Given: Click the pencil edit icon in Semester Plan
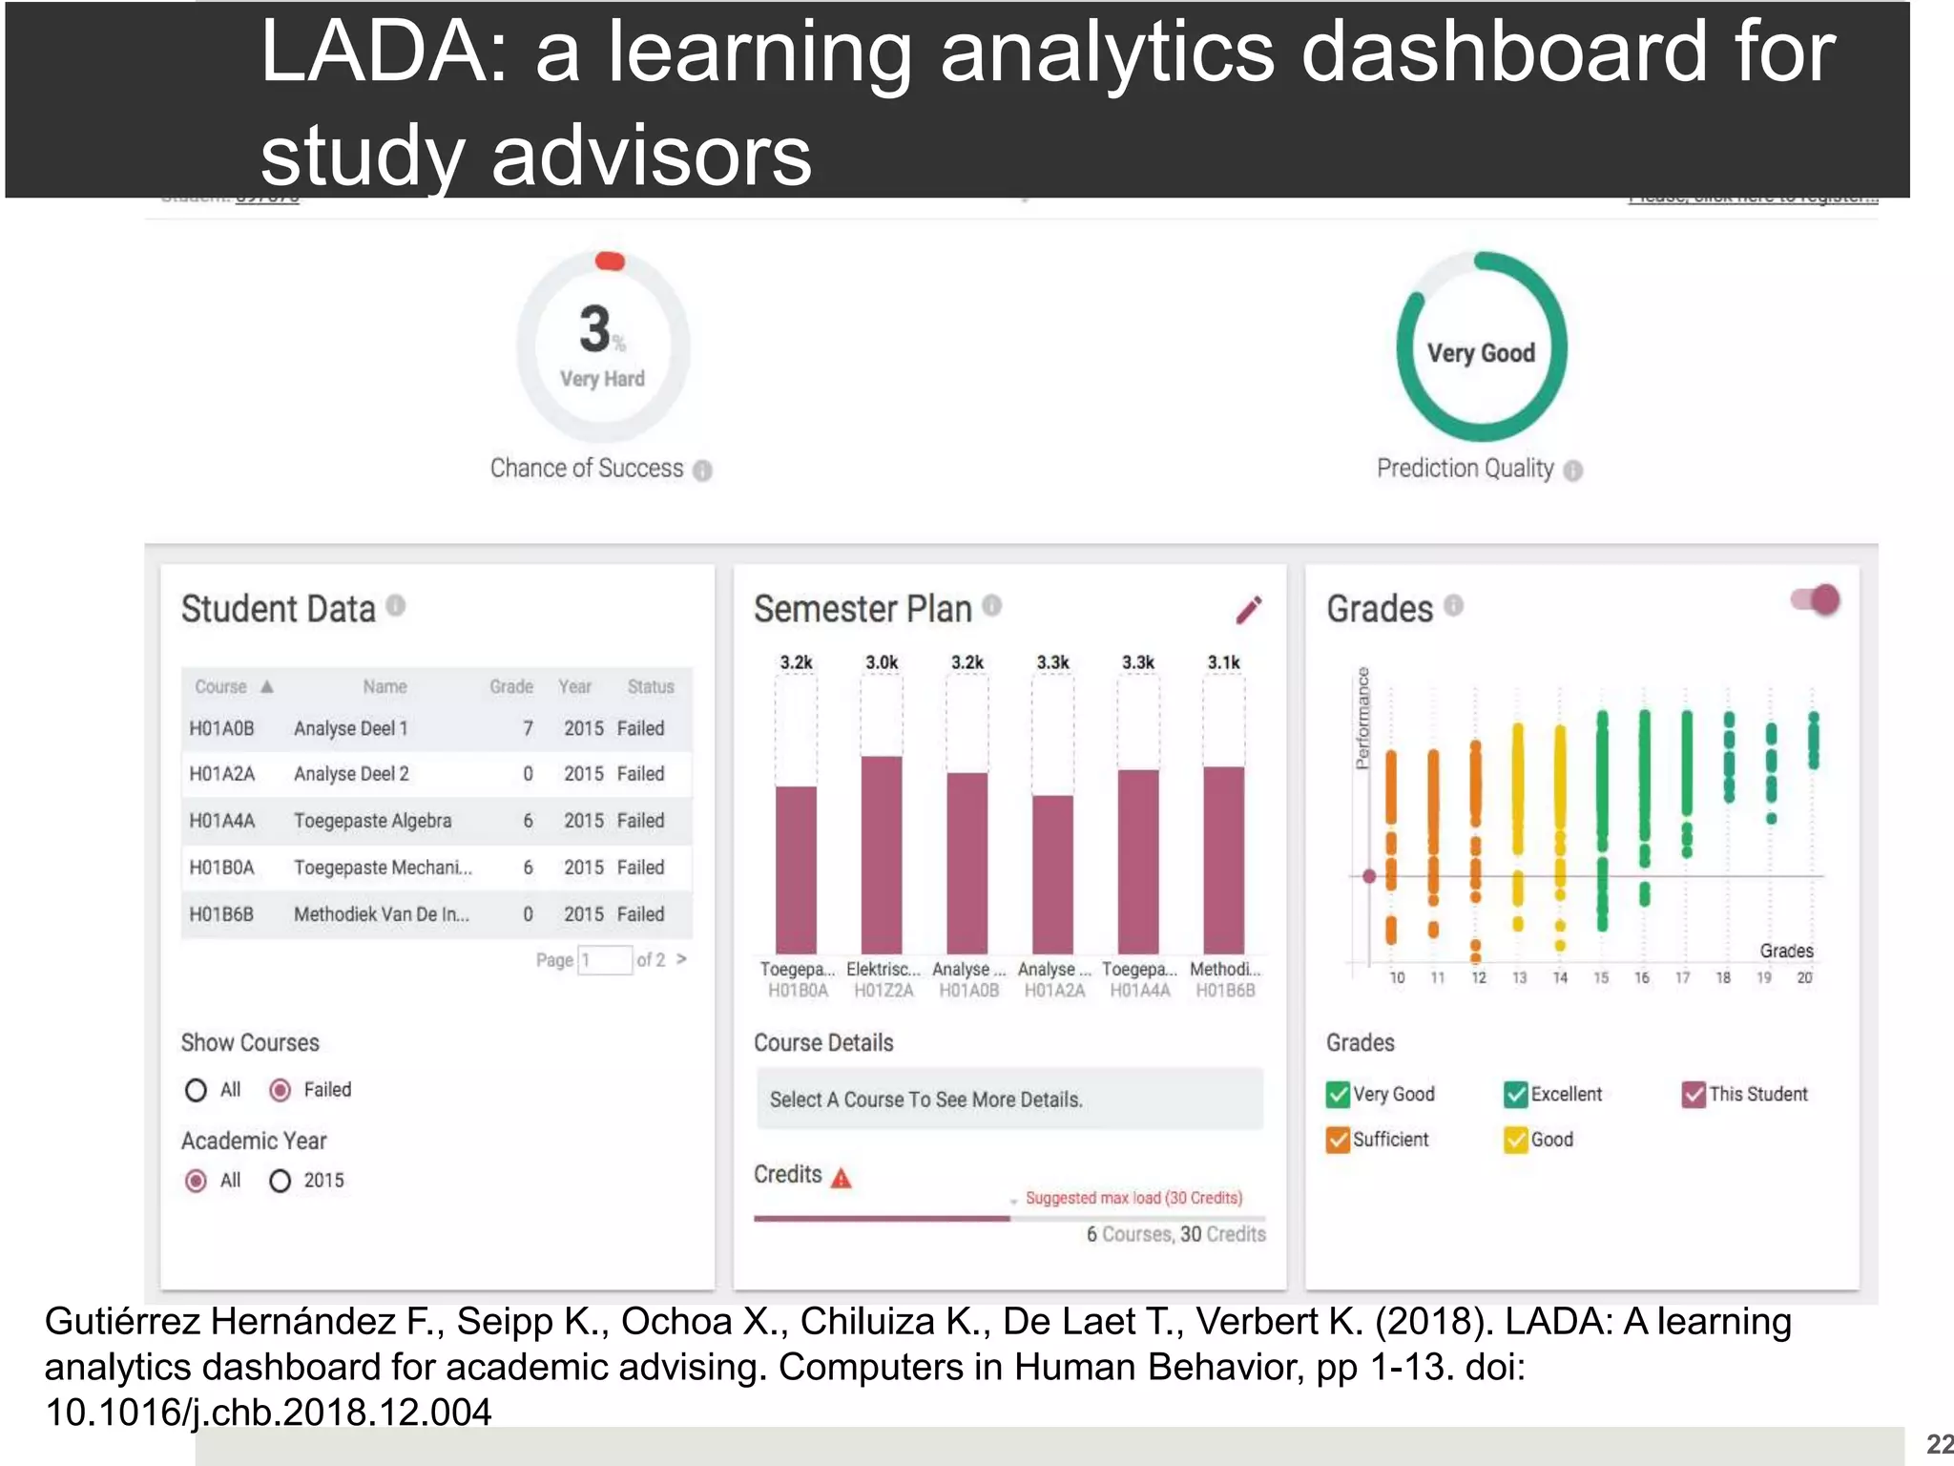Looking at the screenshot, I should pos(1248,610).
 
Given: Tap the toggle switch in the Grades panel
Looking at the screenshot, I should pos(1816,600).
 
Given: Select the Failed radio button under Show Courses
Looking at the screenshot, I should pos(281,1090).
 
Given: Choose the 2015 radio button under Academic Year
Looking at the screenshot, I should pos(281,1182).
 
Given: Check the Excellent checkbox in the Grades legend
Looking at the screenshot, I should pos(1515,1095).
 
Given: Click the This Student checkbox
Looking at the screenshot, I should pos(1694,1095).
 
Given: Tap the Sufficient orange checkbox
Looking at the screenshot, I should pos(1338,1140).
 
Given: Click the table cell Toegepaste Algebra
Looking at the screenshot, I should pos(372,821).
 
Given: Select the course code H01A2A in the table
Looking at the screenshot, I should pos(221,774).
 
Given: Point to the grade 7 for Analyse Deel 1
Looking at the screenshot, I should pos(528,728).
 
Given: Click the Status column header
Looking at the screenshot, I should pos(650,686).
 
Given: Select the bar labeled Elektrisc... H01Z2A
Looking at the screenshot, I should pos(882,854).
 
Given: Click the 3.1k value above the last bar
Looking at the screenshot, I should pos(1223,662).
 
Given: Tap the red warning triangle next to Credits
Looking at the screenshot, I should pos(841,1179).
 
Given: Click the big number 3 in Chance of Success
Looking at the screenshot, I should pos(595,329).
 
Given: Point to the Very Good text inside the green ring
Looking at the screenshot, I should pos(1481,353).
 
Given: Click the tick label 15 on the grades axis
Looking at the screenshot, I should pos(1601,977).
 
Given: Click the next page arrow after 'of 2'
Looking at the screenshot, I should pos(681,958).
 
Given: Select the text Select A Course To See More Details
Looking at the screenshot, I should pos(925,1099).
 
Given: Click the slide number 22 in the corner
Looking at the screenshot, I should pos(1939,1444).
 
